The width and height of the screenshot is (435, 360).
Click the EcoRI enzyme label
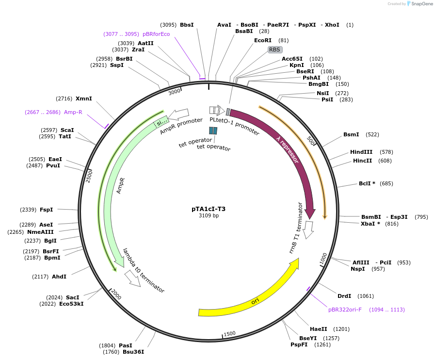[x=262, y=40]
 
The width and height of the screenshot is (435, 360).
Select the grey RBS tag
[x=275, y=49]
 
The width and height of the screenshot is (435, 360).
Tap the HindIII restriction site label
[x=361, y=152]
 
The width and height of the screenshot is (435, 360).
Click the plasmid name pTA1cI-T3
[x=209, y=209]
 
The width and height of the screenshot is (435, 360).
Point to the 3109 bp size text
[x=209, y=215]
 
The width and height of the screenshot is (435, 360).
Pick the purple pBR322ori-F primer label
[x=345, y=310]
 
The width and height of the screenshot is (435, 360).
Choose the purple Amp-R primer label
[x=73, y=112]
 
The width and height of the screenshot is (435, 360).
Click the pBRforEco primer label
[x=156, y=34]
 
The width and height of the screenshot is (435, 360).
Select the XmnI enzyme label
[x=83, y=98]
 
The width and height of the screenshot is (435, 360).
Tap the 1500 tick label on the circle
[x=229, y=333]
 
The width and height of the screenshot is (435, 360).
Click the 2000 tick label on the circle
[x=116, y=294]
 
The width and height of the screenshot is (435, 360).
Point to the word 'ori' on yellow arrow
[x=255, y=301]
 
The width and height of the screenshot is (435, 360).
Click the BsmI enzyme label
[x=351, y=134]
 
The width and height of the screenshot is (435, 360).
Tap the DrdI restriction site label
[x=344, y=296]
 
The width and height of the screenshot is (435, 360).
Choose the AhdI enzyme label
[x=59, y=277]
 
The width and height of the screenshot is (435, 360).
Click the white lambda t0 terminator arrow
[x=132, y=278]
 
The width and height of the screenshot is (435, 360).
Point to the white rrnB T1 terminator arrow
[x=308, y=230]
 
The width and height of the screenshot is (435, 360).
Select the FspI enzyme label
[x=46, y=210]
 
